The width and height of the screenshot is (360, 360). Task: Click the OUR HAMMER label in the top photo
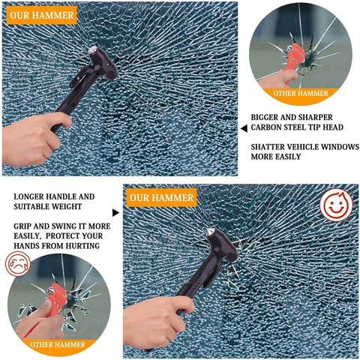pos(42,15)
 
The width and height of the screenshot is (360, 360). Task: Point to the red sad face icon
pos(18,264)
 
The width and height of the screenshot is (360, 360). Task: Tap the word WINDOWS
pos(320,146)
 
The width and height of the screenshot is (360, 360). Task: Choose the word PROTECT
pos(75,235)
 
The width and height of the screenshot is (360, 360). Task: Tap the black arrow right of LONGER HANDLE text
pos(115,212)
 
